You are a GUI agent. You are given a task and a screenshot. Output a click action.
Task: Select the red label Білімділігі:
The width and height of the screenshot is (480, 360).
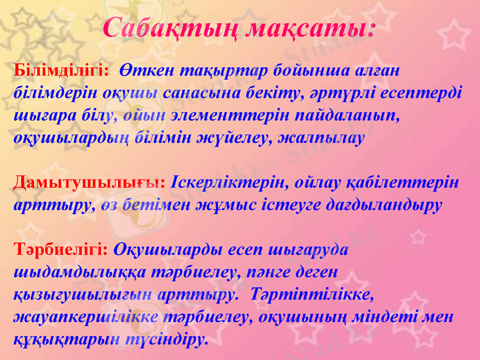pyautogui.click(x=61, y=70)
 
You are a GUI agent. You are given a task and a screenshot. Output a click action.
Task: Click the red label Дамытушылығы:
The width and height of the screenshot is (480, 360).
pyautogui.click(x=90, y=181)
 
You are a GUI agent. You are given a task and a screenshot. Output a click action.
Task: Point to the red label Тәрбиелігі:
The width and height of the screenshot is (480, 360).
pyautogui.click(x=61, y=249)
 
